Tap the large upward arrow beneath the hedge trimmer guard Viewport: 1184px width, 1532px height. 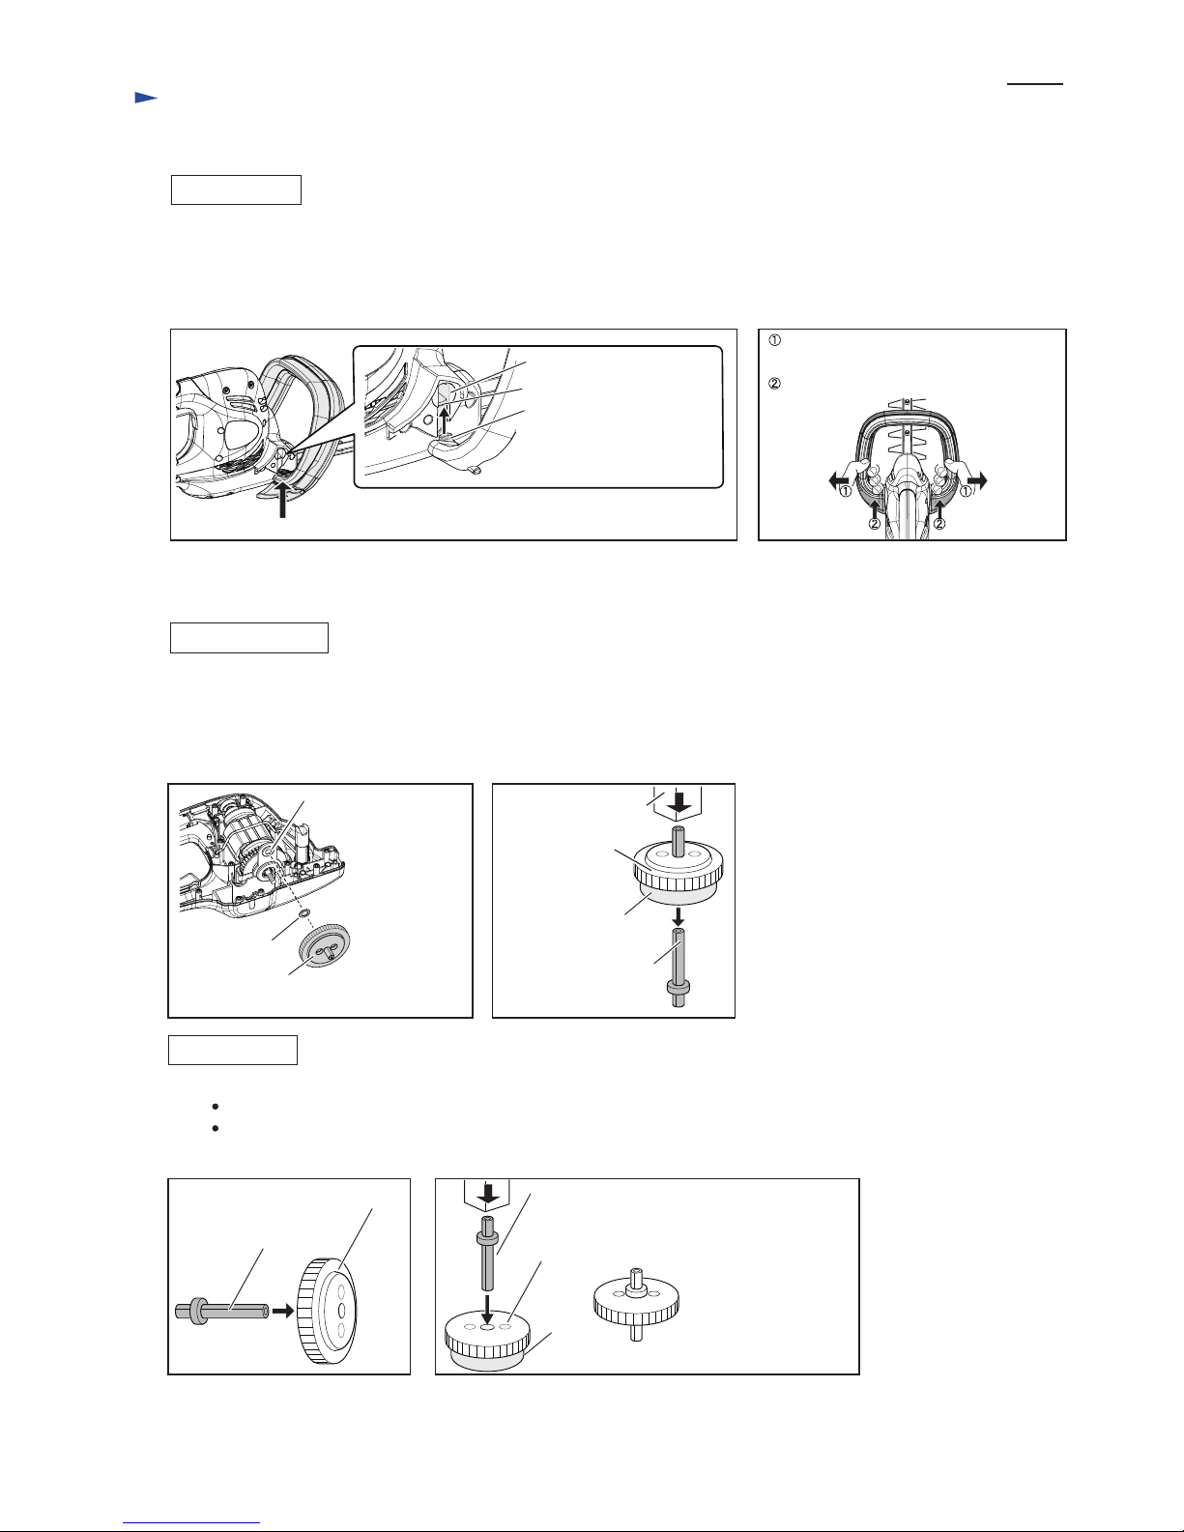(282, 498)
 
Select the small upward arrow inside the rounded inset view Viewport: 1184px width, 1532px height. (444, 419)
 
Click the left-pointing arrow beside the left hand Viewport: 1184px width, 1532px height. (839, 481)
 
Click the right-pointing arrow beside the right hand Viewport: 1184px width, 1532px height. (977, 481)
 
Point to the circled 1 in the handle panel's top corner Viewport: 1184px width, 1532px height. (774, 340)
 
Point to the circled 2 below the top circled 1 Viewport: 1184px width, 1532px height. (774, 385)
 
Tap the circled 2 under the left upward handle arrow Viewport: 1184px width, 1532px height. (874, 524)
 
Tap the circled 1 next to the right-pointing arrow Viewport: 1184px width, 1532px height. (967, 491)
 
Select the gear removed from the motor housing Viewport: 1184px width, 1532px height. (325, 944)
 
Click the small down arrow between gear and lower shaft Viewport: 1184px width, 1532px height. (678, 916)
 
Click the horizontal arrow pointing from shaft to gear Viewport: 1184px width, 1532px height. (282, 1311)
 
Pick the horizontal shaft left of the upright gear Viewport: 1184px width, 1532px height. (221, 1311)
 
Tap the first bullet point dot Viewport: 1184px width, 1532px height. (215, 1106)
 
